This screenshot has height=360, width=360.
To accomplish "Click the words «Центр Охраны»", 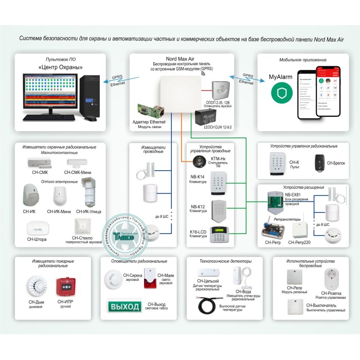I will pyautogui.click(x=61, y=68).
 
